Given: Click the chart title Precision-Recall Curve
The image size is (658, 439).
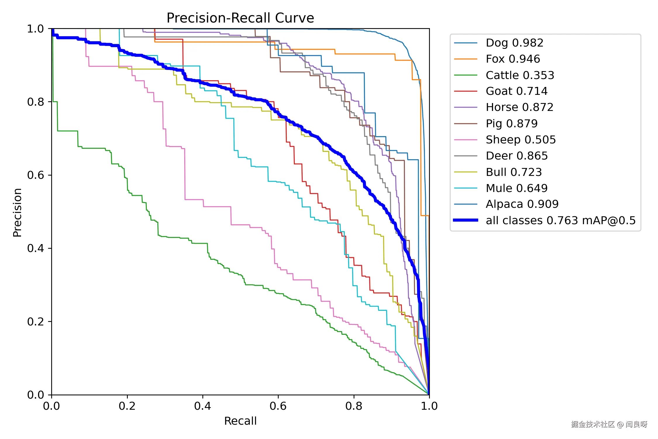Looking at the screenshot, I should pyautogui.click(x=240, y=18).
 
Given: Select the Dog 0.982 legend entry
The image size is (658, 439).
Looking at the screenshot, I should pyautogui.click(x=514, y=43).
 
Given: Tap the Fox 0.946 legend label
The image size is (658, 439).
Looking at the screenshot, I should pyautogui.click(x=513, y=59).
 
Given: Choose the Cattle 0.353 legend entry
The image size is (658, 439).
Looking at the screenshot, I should pyautogui.click(x=520, y=75).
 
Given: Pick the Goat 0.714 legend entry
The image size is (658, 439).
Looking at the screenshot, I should pyautogui.click(x=516, y=91).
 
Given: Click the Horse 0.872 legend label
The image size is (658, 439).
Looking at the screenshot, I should pyautogui.click(x=519, y=107).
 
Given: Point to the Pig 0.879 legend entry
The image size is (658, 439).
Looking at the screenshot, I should pyautogui.click(x=511, y=124).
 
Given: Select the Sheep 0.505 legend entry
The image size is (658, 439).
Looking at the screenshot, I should pyautogui.click(x=521, y=140).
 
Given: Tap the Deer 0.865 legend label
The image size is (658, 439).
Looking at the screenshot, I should pyautogui.click(x=516, y=156).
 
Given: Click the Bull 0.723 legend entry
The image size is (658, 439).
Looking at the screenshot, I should pyautogui.click(x=514, y=172).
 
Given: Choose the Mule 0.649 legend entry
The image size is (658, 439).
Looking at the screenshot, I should pyautogui.click(x=516, y=188).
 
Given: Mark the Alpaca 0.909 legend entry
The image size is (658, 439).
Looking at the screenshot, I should pyautogui.click(x=522, y=204).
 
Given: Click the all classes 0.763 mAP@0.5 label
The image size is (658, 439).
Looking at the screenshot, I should pyautogui.click(x=561, y=220).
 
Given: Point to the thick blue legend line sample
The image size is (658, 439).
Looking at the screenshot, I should pyautogui.click(x=466, y=220).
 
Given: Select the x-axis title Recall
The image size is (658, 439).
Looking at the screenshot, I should pyautogui.click(x=240, y=421).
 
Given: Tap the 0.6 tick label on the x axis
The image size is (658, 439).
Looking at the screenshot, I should pyautogui.click(x=278, y=406).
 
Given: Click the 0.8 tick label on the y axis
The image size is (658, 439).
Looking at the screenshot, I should pyautogui.click(x=35, y=102).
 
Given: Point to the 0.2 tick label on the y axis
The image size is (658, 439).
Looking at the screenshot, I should pyautogui.click(x=35, y=321).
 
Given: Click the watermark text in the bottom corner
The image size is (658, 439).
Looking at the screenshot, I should pyautogui.click(x=609, y=424).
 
